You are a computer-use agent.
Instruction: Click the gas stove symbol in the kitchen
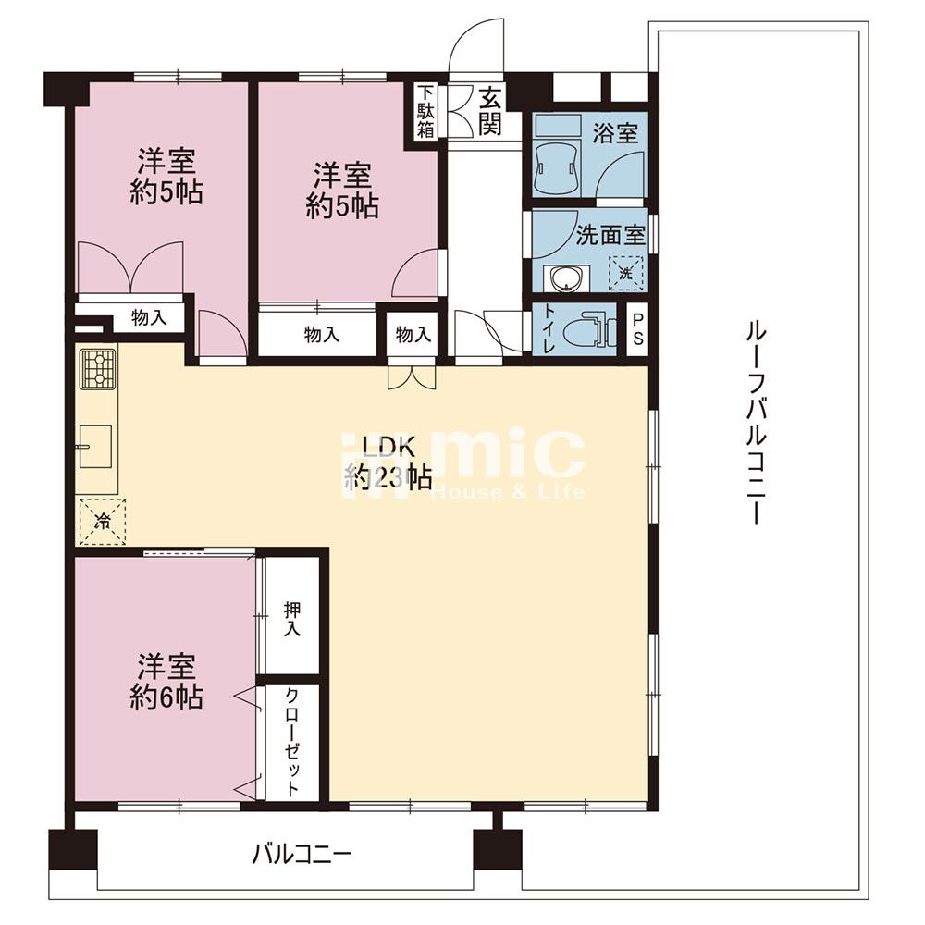pyautogui.click(x=99, y=369)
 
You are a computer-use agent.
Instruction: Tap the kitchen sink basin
pyautogui.click(x=95, y=446)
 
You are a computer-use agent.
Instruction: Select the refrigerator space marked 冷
pyautogui.click(x=103, y=522)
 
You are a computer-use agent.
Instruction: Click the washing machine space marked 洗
pyautogui.click(x=625, y=273)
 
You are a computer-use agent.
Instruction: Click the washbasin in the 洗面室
pyautogui.click(x=566, y=277)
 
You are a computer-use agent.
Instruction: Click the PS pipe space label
pyautogui.click(x=637, y=329)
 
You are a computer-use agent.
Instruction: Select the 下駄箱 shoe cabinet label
pyautogui.click(x=425, y=112)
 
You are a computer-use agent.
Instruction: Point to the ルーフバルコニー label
pyautogui.click(x=755, y=423)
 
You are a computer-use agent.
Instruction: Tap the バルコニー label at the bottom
pyautogui.click(x=302, y=854)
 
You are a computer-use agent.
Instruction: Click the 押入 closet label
pyautogui.click(x=292, y=619)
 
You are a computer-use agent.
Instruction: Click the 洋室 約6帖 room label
pyautogui.click(x=166, y=682)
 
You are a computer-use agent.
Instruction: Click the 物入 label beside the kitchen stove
pyautogui.click(x=149, y=318)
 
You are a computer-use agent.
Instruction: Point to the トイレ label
pyautogui.click(x=549, y=329)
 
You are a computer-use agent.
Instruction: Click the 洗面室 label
pyautogui.click(x=610, y=235)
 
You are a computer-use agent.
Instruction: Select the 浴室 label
pyautogui.click(x=615, y=133)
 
